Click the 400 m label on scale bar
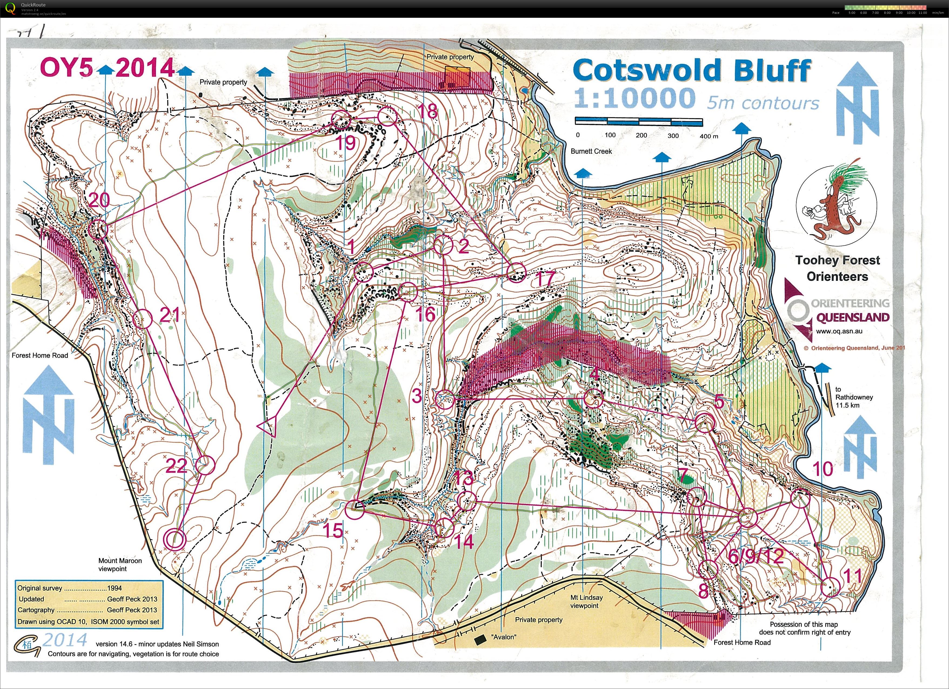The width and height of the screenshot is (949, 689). tap(709, 136)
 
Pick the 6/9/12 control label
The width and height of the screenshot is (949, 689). tap(755, 556)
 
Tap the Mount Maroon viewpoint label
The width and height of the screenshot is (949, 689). tap(120, 564)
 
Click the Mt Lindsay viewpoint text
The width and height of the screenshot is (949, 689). tap(586, 601)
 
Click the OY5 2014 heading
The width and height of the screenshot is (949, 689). tap(107, 68)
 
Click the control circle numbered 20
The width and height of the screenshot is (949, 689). tap(98, 229)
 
